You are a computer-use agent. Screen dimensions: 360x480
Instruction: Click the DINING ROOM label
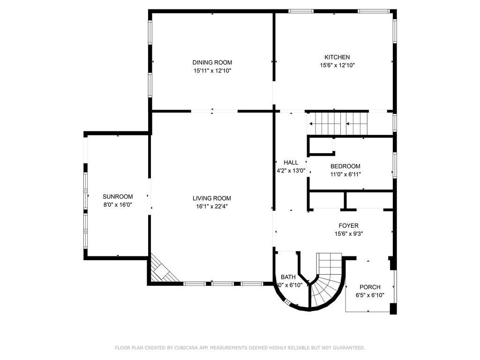(x=212, y=62)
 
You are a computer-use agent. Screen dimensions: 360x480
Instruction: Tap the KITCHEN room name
(x=334, y=57)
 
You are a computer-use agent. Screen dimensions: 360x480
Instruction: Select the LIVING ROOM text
(x=212, y=198)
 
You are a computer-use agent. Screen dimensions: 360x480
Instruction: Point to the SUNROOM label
(x=118, y=196)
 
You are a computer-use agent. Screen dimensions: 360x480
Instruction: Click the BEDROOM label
(x=345, y=166)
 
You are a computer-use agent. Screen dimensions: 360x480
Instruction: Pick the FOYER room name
(x=348, y=225)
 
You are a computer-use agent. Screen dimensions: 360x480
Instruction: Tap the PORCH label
(x=370, y=287)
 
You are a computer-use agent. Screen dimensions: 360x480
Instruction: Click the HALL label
(x=291, y=163)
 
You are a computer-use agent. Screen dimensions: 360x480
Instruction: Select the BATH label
(x=288, y=277)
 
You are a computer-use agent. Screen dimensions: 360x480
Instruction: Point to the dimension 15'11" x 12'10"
(x=212, y=71)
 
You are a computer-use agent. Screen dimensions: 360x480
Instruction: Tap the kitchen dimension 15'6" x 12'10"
(x=334, y=66)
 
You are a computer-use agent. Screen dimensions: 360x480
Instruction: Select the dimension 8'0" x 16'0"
(x=118, y=204)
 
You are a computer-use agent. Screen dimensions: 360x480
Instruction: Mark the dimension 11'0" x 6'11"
(x=345, y=174)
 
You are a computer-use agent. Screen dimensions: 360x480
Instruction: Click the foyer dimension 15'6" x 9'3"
(x=348, y=233)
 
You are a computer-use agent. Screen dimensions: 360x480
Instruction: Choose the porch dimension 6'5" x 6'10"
(x=370, y=295)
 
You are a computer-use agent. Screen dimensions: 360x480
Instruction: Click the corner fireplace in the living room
(x=162, y=271)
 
